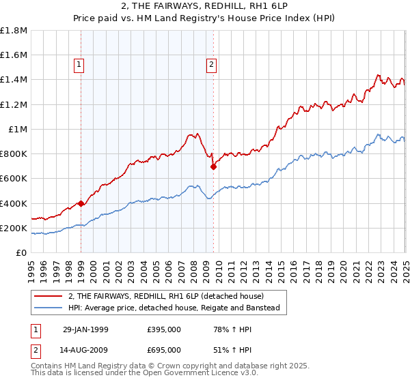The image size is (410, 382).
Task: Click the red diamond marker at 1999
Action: tap(81, 203)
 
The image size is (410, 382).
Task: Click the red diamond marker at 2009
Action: tap(213, 166)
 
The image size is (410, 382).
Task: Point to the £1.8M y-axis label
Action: tap(14, 31)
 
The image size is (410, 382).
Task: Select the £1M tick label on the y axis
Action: tap(18, 129)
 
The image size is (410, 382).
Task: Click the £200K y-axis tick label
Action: tap(14, 228)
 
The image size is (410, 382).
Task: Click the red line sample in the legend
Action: tap(49, 295)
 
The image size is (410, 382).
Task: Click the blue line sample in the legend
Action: tap(49, 308)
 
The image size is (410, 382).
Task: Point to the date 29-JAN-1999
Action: tap(84, 329)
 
